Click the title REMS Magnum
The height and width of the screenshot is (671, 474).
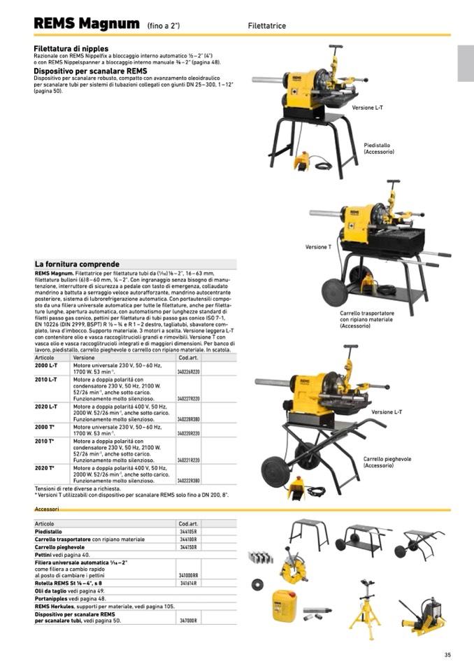[x=86, y=24]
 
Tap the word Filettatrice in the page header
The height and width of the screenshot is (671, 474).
[x=266, y=26]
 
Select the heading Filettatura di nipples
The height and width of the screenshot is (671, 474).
[x=71, y=48]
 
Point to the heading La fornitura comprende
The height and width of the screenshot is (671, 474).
[x=77, y=264]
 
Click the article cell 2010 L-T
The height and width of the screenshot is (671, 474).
[x=46, y=379]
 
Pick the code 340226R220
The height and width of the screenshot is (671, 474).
[x=188, y=372]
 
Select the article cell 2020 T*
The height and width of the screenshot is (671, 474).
[x=45, y=467]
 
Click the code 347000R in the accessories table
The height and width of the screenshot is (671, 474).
[x=188, y=621]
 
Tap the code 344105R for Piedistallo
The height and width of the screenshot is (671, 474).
[x=188, y=532]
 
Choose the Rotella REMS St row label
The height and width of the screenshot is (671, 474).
[x=69, y=583]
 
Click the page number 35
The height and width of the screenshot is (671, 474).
[x=447, y=655]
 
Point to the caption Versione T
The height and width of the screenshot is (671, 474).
[x=318, y=247]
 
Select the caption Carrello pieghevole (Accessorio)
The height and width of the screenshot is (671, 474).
[x=387, y=462]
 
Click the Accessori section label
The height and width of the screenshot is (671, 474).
[x=47, y=509]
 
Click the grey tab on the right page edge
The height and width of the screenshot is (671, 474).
[x=466, y=63]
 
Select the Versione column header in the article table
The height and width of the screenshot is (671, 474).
[x=84, y=358]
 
